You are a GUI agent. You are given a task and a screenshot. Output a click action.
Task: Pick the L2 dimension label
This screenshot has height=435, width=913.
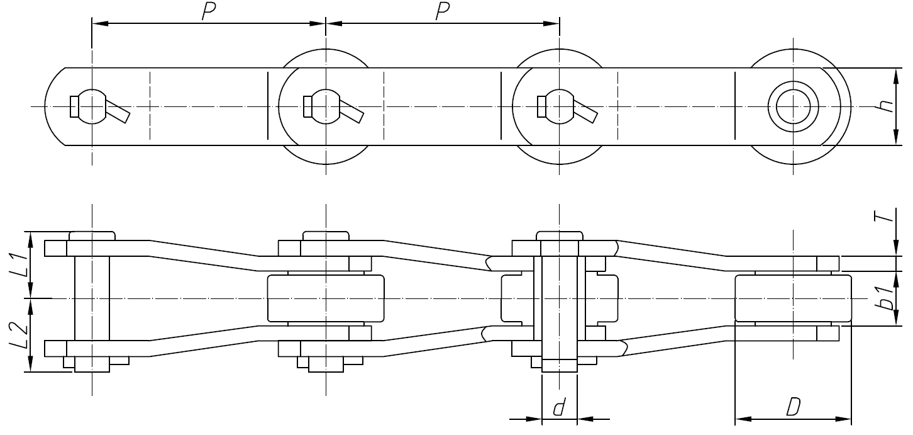(21, 337)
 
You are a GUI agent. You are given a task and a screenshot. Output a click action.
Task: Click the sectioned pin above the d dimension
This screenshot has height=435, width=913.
(559, 302)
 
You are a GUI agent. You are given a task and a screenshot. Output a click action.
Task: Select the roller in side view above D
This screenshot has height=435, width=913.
(793, 298)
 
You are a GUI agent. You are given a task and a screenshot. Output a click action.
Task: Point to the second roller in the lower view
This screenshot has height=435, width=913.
(325, 298)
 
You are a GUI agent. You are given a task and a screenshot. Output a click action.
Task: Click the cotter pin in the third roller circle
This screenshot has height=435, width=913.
(585, 111)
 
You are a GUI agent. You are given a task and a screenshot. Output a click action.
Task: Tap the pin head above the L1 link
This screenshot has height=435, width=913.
(92, 235)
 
